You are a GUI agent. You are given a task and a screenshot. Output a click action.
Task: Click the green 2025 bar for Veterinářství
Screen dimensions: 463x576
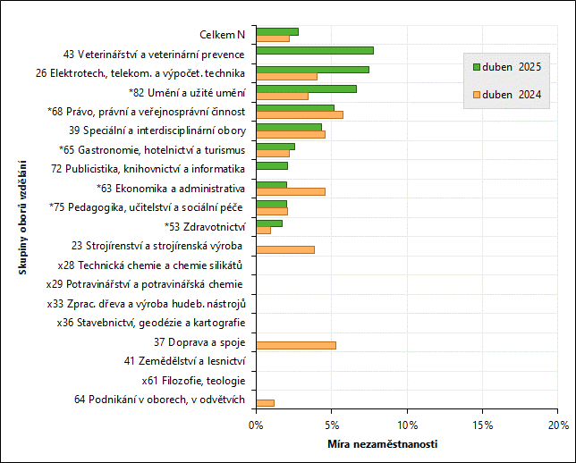coord(315,50)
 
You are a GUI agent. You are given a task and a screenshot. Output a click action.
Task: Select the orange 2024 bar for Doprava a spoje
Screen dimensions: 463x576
coord(296,345)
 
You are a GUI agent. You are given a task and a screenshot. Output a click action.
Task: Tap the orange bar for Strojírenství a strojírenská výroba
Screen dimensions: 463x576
coord(285,249)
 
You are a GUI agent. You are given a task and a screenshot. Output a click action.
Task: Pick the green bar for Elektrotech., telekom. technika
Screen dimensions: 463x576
coord(312,69)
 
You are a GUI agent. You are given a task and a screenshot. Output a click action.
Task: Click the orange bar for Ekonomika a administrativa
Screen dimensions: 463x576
coord(291,191)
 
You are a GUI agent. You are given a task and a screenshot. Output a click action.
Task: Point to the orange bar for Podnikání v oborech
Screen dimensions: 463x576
coord(266,403)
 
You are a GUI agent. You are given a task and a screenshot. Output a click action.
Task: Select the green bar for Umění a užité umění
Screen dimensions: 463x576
coord(306,88)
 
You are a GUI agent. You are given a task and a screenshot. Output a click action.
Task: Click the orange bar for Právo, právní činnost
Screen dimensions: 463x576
coord(300,114)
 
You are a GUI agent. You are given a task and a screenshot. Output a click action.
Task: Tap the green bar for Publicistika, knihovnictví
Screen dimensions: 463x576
coord(272,165)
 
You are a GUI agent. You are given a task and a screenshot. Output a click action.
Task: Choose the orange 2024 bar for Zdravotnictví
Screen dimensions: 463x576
coord(264,230)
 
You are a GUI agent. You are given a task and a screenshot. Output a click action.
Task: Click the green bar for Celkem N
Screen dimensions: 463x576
coord(277,31)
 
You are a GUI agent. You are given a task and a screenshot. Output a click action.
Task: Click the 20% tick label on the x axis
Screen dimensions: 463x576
coord(558,424)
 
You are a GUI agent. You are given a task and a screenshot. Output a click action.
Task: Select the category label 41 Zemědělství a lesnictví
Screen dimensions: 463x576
coord(184,361)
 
